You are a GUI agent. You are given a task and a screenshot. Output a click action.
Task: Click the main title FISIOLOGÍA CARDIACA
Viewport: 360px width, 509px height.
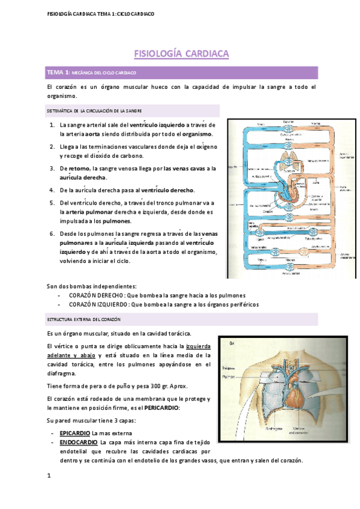point(181,54)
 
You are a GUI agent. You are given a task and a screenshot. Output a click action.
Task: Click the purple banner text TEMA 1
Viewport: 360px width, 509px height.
point(58,73)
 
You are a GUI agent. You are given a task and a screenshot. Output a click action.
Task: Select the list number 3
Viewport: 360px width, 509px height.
point(53,169)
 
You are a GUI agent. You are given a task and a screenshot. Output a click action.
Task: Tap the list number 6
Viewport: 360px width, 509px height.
point(53,233)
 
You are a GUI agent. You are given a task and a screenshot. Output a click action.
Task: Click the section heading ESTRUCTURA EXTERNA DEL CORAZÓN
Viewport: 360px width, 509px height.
point(83,320)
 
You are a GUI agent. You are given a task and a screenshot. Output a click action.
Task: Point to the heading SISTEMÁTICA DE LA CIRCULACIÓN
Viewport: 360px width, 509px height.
point(94,111)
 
